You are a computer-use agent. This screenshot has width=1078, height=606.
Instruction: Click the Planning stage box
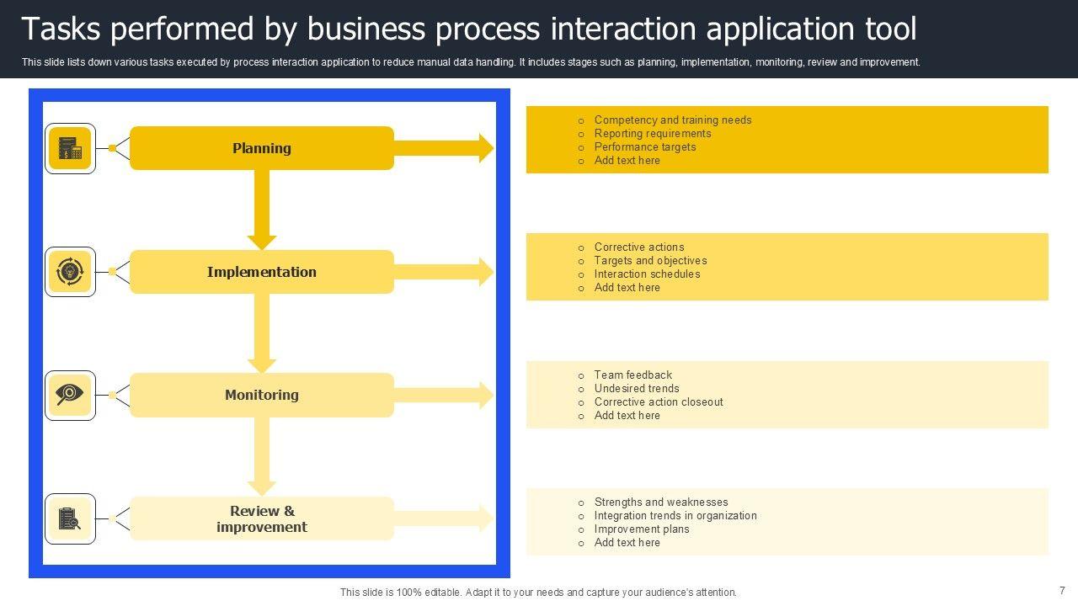(262, 148)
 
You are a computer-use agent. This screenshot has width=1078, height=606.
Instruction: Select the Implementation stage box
(262, 272)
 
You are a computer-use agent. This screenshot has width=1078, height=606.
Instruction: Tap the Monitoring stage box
(262, 395)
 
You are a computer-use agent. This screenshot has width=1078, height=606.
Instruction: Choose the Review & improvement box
(262, 518)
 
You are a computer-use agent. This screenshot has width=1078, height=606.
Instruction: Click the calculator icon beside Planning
(70, 148)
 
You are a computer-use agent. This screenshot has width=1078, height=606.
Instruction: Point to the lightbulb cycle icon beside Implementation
(70, 271)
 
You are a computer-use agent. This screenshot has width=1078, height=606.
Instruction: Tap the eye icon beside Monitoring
(69, 395)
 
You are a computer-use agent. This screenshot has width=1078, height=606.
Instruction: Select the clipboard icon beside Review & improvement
(69, 518)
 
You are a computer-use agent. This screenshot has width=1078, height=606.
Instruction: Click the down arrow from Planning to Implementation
(262, 210)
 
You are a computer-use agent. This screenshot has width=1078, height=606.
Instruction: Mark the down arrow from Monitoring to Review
(262, 456)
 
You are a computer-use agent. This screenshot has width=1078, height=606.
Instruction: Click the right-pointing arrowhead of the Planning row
(486, 148)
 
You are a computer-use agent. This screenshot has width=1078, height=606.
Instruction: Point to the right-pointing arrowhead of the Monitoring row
(486, 395)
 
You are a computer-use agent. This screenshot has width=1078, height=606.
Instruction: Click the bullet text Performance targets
(645, 146)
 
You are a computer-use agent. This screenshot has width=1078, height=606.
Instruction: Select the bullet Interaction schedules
(647, 274)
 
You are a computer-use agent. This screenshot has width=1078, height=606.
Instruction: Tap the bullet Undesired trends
(637, 388)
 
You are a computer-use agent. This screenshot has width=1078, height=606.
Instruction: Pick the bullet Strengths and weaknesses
(661, 502)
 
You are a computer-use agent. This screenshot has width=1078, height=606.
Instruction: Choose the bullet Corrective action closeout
(659, 401)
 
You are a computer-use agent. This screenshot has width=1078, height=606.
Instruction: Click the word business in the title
(366, 29)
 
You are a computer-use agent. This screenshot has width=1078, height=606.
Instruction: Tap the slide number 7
(1062, 591)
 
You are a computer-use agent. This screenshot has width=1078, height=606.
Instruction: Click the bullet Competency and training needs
(673, 120)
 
